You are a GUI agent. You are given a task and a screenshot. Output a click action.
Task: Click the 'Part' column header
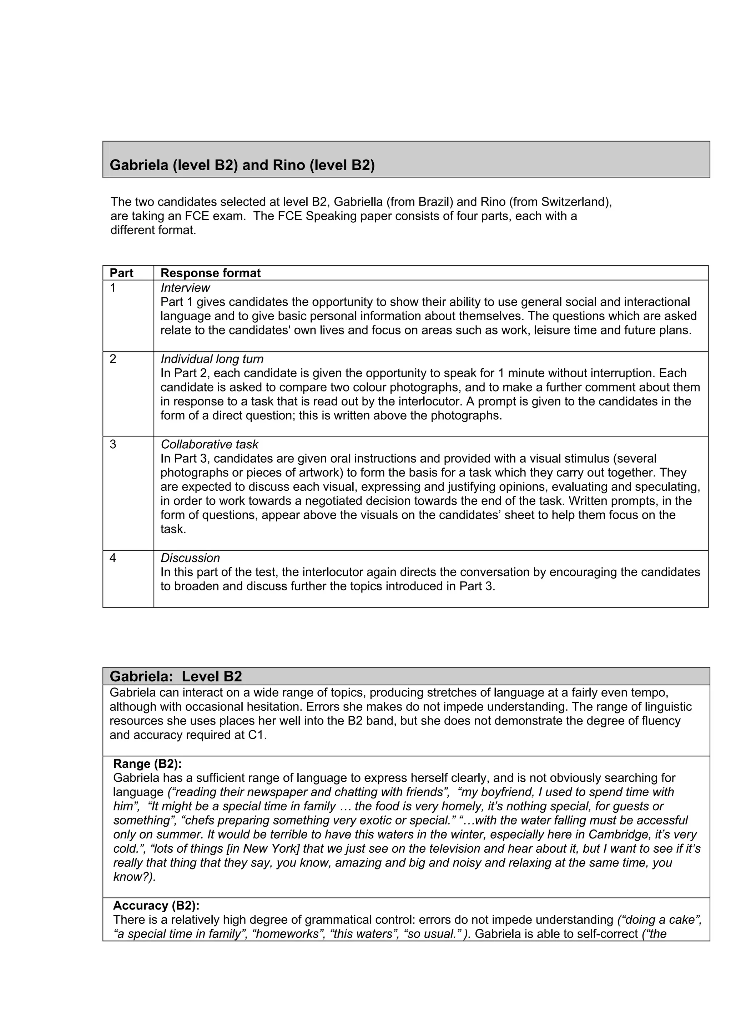click(122, 273)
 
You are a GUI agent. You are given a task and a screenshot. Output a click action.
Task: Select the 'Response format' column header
click(210, 273)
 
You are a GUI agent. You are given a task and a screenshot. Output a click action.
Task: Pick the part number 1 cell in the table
click(113, 288)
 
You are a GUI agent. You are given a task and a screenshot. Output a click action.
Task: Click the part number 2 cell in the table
click(113, 359)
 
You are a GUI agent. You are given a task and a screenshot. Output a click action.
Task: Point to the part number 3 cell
click(113, 444)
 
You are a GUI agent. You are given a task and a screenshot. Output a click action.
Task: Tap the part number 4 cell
click(113, 558)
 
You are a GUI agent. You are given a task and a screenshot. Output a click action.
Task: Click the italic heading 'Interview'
click(185, 288)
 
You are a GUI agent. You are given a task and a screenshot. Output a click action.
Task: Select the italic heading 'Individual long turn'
click(212, 359)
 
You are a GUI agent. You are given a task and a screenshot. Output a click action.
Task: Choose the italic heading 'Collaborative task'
click(210, 444)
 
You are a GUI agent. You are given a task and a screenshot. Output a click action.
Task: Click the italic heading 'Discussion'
click(190, 558)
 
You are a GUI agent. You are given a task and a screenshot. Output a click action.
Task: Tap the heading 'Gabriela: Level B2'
click(176, 676)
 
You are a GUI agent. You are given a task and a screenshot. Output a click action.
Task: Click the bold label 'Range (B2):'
click(147, 764)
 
